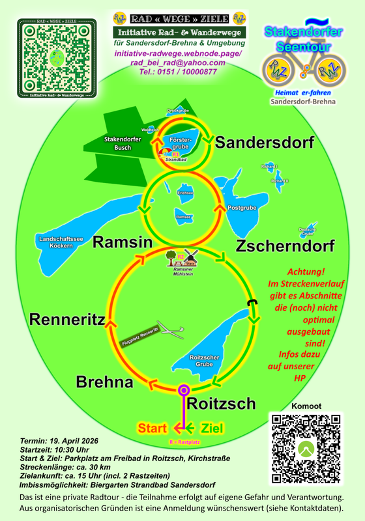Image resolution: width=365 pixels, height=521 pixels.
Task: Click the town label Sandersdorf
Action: click(x=265, y=143)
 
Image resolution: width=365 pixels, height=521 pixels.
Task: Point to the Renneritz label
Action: click(x=67, y=319)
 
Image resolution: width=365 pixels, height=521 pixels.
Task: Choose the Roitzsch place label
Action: click(x=222, y=404)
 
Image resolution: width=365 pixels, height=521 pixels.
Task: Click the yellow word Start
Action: click(x=154, y=428)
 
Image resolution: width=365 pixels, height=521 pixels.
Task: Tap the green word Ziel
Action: click(x=216, y=428)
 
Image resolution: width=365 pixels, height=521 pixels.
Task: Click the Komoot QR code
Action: click(x=304, y=450)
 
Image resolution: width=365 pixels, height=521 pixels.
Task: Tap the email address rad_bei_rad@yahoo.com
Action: click(x=178, y=63)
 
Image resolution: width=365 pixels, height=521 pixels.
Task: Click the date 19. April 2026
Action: click(x=74, y=441)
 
